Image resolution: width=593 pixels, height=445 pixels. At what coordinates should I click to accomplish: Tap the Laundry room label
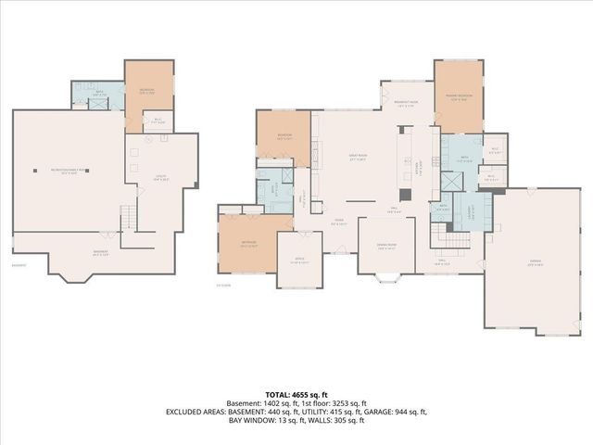(471, 207)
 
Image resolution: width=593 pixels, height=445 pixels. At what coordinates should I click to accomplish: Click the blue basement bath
(97, 95)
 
